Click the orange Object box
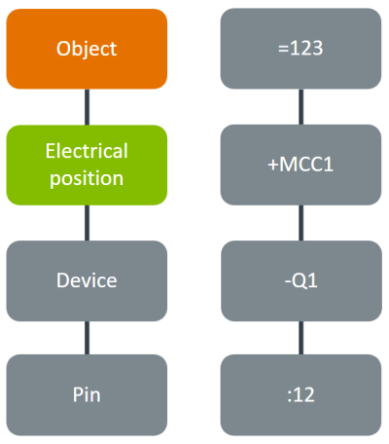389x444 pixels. point(87,49)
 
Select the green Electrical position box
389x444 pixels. point(87,165)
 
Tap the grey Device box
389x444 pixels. point(87,280)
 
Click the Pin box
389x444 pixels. point(87,394)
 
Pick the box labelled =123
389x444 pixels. point(301,49)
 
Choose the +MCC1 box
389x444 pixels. point(301,165)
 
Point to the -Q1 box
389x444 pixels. point(301,280)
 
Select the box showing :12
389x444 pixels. point(301,394)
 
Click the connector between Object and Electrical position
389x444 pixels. point(87,107)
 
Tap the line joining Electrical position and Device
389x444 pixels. point(87,223)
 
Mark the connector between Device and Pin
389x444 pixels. point(87,338)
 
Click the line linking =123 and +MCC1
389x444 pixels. point(301,107)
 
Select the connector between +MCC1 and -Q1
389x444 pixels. point(301,223)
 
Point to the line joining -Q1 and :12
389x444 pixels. point(301,338)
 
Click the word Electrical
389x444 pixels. point(87,151)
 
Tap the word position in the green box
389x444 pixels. point(87,179)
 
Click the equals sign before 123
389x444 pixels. point(283,49)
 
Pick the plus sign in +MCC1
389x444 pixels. point(273,165)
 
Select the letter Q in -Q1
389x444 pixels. point(299,281)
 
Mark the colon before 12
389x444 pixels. point(290,395)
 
